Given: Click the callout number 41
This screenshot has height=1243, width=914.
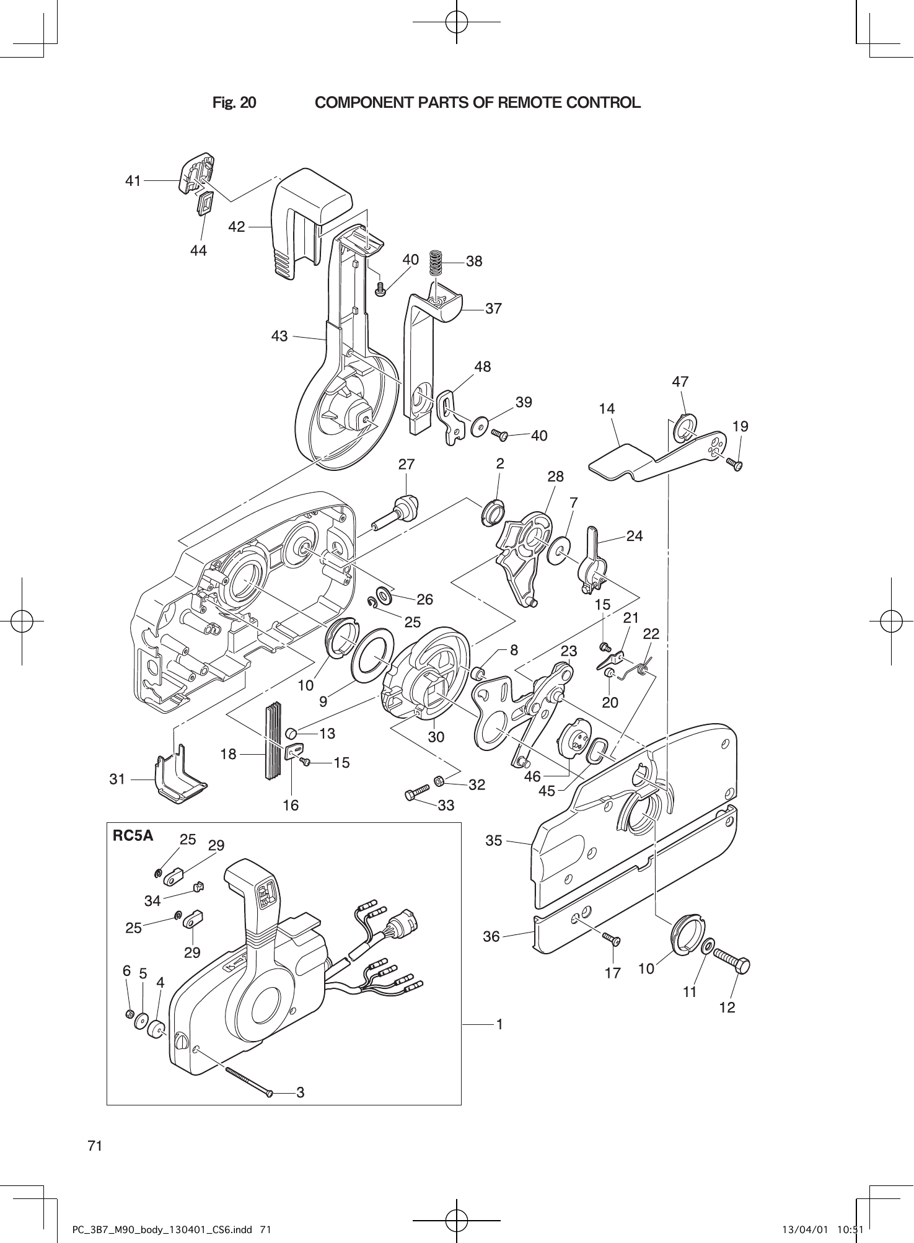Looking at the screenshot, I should point(133,181).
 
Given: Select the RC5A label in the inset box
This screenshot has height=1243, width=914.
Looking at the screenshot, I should point(132,836).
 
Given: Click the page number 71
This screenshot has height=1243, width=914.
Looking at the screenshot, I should point(95,1146).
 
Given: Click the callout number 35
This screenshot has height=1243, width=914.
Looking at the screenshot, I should point(493,841).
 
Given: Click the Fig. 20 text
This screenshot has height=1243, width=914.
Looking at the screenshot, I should point(234,102).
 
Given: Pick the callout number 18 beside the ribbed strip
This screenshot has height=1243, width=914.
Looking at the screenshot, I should point(229,754).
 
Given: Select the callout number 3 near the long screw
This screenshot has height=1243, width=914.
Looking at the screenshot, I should point(301,1092).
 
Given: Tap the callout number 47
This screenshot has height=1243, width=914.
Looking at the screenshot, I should point(680,382).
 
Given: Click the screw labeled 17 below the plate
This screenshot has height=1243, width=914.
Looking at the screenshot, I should point(612,940).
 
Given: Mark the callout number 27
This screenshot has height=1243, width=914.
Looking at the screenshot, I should point(406,464).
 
